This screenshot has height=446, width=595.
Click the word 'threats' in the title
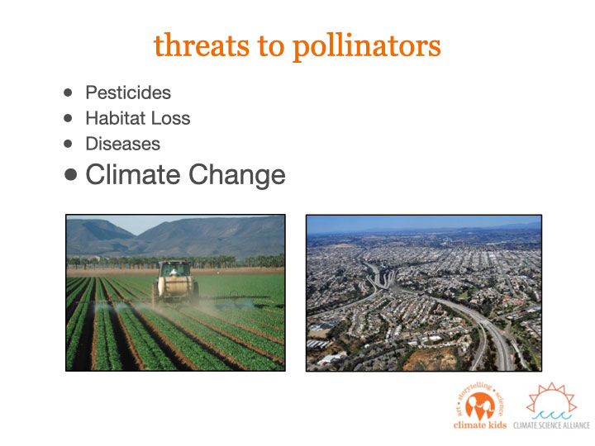point(201,45)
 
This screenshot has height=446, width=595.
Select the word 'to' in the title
point(271,46)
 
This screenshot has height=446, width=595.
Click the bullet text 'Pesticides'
point(128,93)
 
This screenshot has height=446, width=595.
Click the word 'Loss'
point(170,118)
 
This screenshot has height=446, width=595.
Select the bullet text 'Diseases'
point(123,144)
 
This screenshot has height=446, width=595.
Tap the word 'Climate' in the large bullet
point(133,174)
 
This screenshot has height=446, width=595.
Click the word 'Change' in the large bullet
point(237,176)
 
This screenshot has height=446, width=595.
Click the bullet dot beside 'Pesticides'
point(68,93)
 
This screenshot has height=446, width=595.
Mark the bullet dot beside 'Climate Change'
point(70,175)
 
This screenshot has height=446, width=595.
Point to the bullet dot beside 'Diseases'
point(68,144)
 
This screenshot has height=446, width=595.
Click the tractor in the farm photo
point(175,281)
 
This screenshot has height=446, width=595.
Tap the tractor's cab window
point(175,269)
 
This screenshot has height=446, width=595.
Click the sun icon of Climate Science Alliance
point(552,401)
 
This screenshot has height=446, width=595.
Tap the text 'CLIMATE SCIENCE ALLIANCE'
point(551,425)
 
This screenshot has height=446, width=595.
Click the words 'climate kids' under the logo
point(480,425)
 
